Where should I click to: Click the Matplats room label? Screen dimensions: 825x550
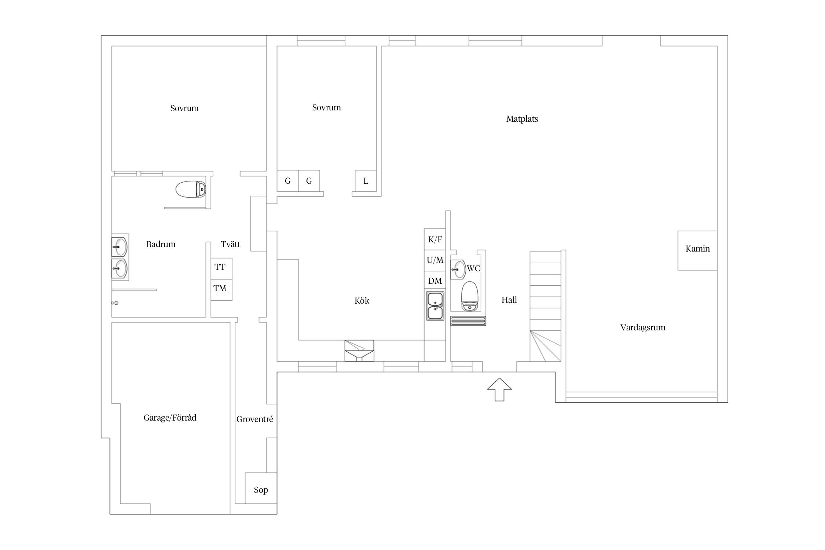click(522, 119)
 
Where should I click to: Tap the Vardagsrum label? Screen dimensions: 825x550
click(643, 327)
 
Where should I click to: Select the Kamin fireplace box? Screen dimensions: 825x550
click(697, 250)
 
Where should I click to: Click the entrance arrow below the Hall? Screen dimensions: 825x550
click(499, 389)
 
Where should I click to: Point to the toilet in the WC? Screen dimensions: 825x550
click(470, 296)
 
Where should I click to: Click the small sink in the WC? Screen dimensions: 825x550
click(458, 269)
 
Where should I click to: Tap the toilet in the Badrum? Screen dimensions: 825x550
click(191, 189)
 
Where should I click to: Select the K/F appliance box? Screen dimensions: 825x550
click(435, 239)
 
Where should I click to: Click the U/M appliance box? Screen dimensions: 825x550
click(435, 260)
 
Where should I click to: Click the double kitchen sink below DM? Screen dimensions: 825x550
click(435, 306)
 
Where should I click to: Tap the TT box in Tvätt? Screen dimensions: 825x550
click(221, 268)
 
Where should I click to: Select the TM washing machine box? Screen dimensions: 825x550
click(221, 290)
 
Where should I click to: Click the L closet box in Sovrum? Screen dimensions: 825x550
click(366, 181)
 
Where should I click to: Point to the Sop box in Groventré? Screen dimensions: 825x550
click(261, 488)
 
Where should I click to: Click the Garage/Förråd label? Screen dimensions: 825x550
click(170, 418)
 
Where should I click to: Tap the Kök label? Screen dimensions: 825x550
click(362, 301)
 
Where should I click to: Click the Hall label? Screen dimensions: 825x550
click(509, 300)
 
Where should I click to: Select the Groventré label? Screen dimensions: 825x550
click(255, 419)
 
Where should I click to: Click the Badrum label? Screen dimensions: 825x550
click(161, 244)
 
